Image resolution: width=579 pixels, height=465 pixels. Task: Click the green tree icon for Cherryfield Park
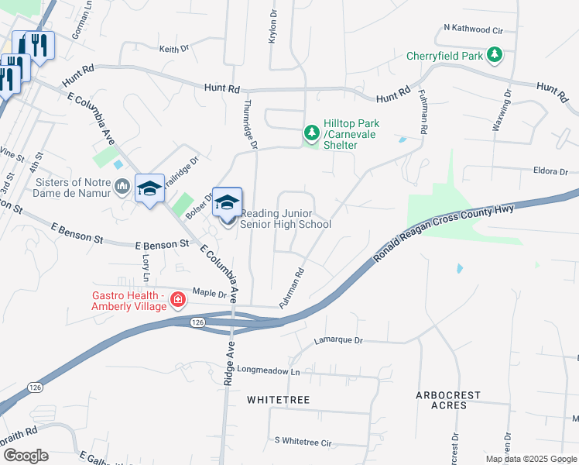coord(494,54)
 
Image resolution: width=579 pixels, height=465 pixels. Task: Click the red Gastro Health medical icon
coord(178,299)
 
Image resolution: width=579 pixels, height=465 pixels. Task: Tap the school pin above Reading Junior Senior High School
coord(227,203)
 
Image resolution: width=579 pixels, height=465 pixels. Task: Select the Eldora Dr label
coord(551,171)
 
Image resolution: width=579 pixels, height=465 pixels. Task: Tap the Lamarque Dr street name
coord(337,339)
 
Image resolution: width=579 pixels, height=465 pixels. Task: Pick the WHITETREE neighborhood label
coord(278,400)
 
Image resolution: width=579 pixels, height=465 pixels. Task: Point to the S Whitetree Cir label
coord(303,442)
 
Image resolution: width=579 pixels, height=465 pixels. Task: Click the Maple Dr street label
coord(211,294)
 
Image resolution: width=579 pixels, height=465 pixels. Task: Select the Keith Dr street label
coord(174,49)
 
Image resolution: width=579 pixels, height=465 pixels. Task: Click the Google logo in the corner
coord(25,456)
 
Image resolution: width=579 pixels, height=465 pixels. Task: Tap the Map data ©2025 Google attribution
coord(530,459)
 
